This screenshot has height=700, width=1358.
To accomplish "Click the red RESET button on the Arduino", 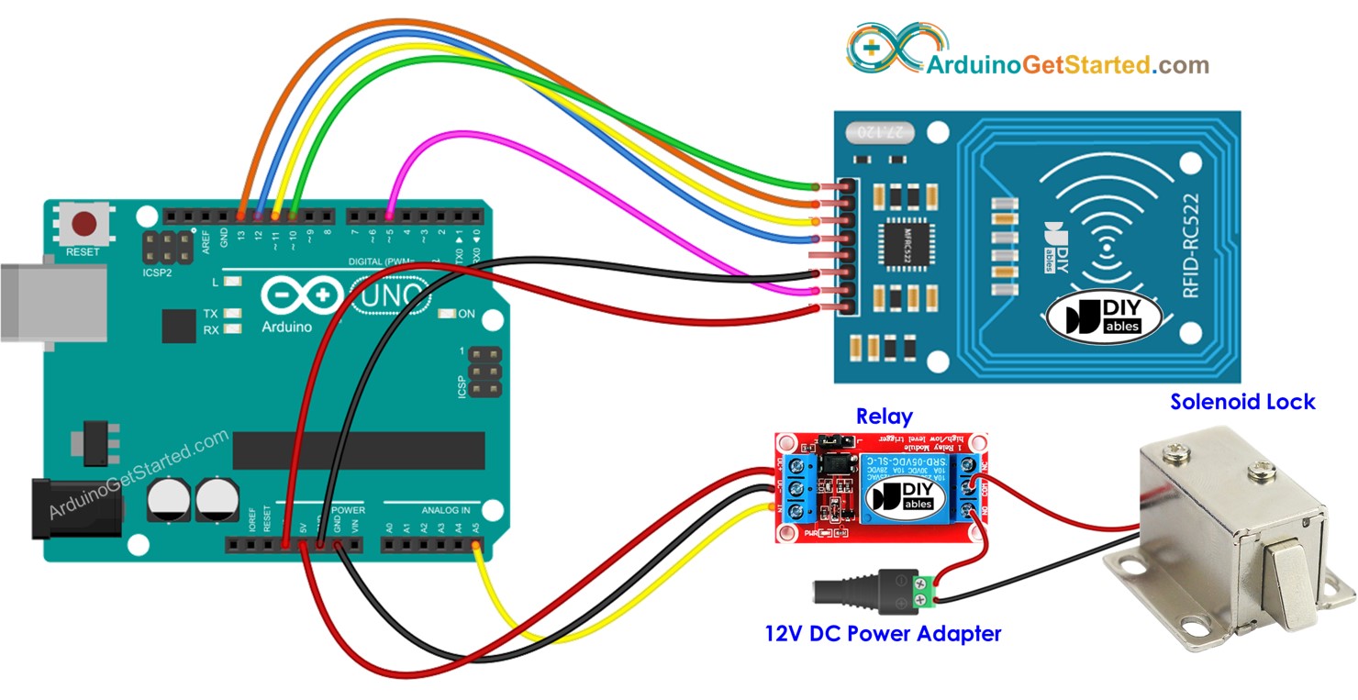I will pyautogui.click(x=85, y=223).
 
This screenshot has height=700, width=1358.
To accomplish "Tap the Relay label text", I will pyautogui.click(x=884, y=417).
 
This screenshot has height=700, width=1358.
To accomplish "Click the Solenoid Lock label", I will pyautogui.click(x=1241, y=402).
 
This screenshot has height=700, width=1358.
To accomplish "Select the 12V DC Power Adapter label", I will pyautogui.click(x=882, y=633).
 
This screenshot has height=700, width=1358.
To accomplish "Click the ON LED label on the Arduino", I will pyautogui.click(x=466, y=314).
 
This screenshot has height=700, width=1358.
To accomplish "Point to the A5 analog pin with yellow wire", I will pyautogui.click(x=475, y=547).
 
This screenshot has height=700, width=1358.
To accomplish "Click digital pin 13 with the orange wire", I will pyautogui.click(x=241, y=216).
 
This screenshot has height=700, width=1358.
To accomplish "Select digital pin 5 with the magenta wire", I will pyautogui.click(x=390, y=216).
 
